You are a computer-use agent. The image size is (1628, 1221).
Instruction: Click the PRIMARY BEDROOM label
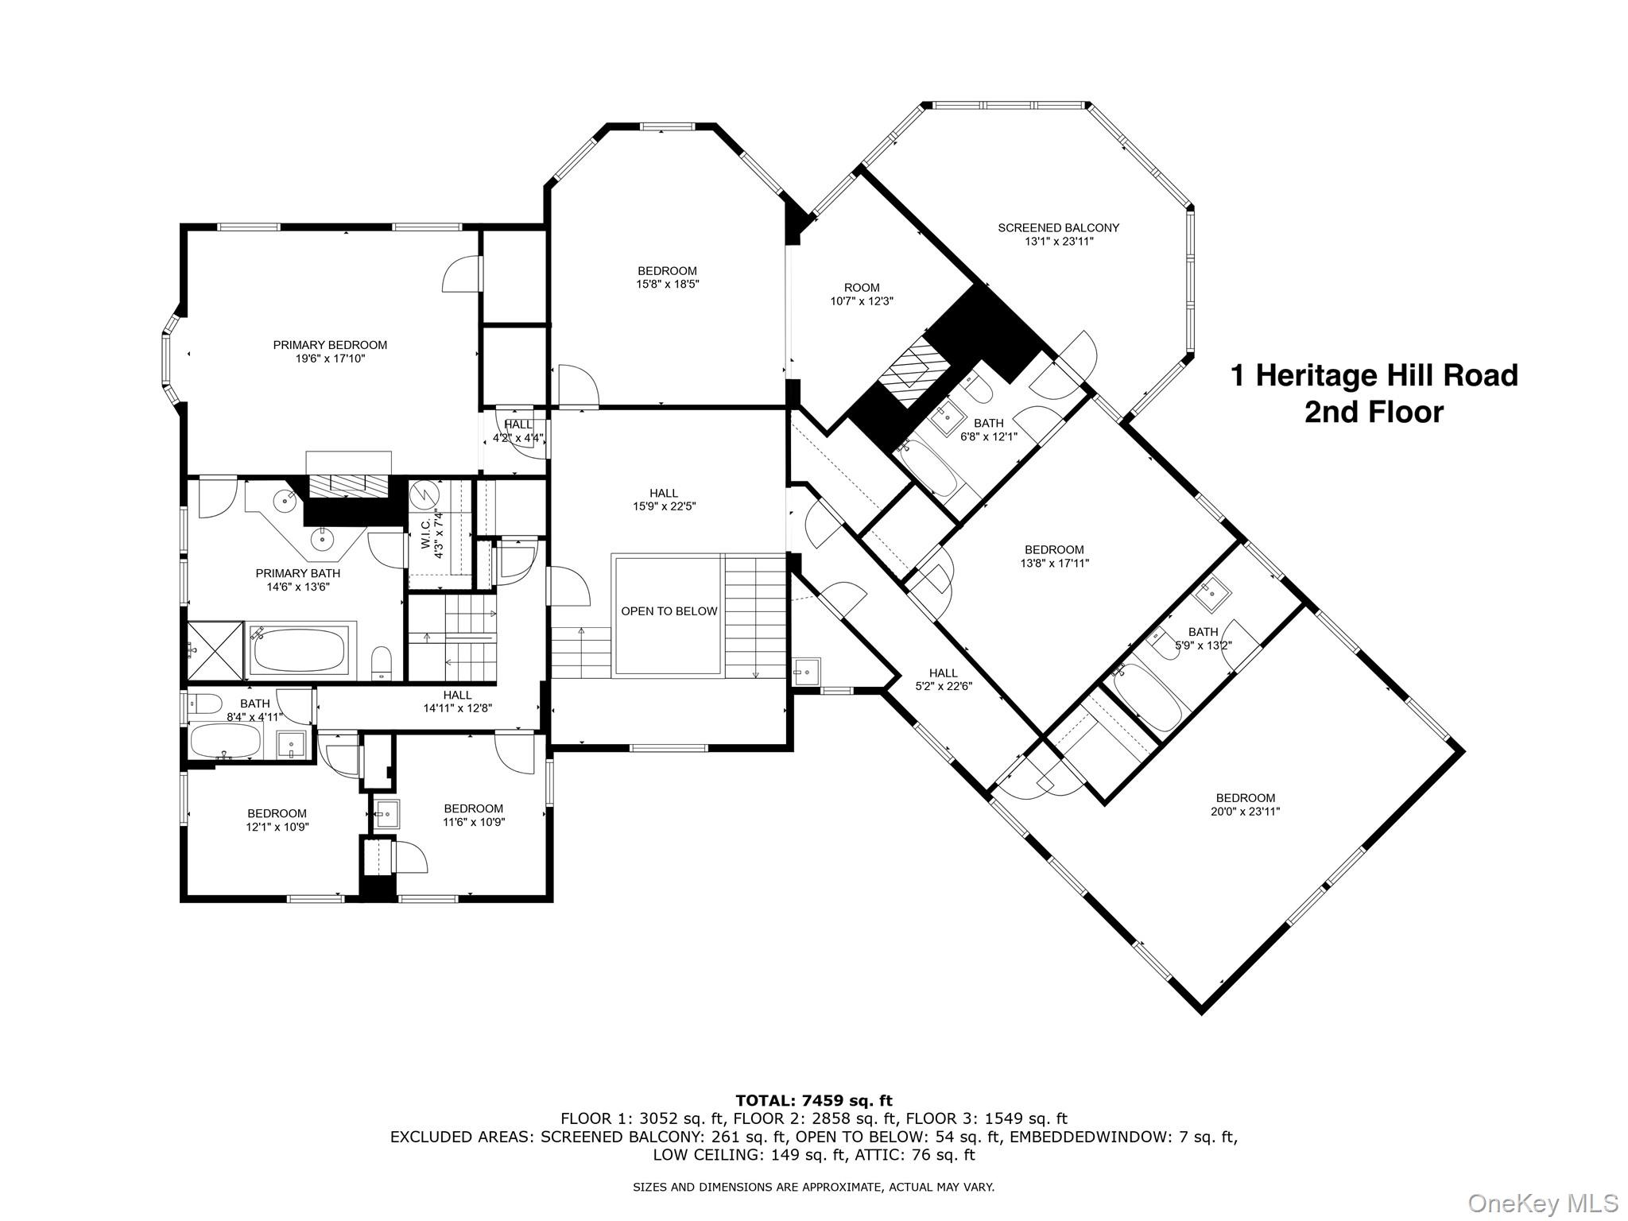[x=330, y=345]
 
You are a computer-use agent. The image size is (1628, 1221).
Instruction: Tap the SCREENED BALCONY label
[x=1058, y=228]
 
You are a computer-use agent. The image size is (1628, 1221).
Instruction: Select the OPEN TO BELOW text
[x=669, y=611]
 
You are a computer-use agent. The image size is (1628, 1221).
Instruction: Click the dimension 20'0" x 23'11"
[x=1245, y=812]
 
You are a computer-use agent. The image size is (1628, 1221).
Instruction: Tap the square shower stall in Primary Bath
[x=215, y=651]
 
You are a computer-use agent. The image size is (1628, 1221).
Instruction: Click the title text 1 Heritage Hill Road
[x=1374, y=375]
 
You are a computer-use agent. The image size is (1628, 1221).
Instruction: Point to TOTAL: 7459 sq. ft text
[x=813, y=1101]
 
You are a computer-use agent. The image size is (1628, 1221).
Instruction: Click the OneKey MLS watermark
[x=1542, y=1202]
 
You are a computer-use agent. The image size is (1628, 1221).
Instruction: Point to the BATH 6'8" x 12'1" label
[x=988, y=429]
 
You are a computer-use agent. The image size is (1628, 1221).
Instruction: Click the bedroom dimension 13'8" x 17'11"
[x=1054, y=563]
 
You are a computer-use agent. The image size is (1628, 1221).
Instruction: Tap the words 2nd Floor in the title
[x=1373, y=413]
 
